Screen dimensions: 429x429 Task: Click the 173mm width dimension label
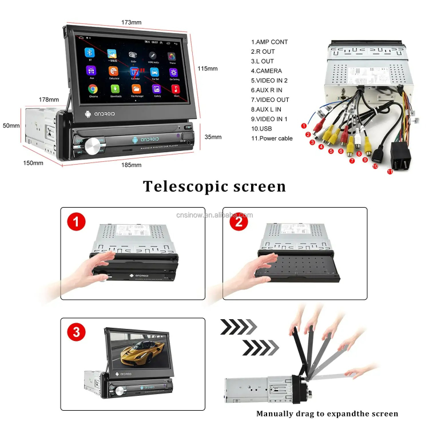[131, 22]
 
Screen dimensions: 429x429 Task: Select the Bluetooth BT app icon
[89, 53]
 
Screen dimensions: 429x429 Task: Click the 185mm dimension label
[132, 165]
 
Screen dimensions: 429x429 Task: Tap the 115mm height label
[208, 69]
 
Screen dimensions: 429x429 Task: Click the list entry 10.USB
[263, 129]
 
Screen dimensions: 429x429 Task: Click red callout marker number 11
[390, 171]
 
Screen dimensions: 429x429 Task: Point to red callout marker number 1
[304, 125]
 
